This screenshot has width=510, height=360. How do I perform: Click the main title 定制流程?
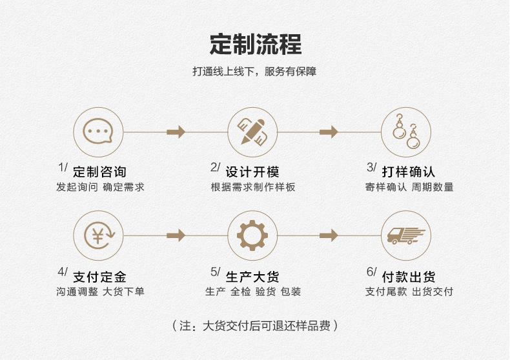click(x=255, y=45)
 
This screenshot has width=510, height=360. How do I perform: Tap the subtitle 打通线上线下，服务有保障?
click(x=254, y=72)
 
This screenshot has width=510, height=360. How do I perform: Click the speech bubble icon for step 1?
click(x=98, y=132)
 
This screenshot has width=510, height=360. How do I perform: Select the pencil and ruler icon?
click(x=252, y=132)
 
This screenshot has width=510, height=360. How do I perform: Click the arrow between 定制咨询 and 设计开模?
click(x=176, y=132)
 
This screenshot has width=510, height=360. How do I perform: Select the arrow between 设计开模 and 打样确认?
click(x=329, y=132)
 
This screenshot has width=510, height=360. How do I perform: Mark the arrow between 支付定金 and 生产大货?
click(x=176, y=235)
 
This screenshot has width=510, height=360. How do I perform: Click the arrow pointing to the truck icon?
click(x=329, y=235)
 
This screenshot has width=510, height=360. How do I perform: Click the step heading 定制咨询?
click(x=99, y=172)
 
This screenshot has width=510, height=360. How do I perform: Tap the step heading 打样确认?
click(x=408, y=172)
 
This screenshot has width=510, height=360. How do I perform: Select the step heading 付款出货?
click(x=408, y=277)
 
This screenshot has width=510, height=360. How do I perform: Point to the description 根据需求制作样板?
click(x=253, y=188)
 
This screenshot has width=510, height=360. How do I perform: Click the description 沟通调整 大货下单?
click(x=100, y=292)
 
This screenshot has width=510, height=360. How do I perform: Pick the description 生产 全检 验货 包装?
click(x=253, y=292)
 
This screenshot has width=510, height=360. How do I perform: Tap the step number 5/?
click(x=216, y=272)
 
